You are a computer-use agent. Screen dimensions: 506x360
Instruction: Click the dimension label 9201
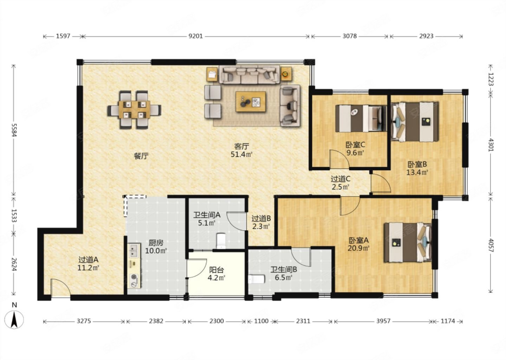196,36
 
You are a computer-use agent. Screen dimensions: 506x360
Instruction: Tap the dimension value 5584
14,130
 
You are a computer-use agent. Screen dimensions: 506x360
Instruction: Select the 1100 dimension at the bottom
261,321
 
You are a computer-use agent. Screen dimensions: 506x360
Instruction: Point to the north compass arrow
14,320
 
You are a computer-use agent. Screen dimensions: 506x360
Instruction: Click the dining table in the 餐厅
134,110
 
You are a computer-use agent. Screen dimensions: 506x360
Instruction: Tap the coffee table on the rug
251,102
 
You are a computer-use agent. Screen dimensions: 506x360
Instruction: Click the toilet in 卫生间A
221,241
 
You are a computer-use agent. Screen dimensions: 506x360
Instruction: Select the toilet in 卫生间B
256,279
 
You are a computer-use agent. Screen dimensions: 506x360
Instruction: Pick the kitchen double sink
134,251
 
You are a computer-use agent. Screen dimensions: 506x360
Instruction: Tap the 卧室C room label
355,144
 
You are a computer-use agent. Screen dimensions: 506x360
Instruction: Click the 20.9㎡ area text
358,248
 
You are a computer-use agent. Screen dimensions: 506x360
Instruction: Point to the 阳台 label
216,270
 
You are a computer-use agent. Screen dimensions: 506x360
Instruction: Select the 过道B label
261,219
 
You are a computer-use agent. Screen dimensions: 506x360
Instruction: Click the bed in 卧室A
408,243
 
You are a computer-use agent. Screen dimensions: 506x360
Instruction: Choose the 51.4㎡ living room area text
241,154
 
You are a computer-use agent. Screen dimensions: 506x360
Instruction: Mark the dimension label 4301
491,144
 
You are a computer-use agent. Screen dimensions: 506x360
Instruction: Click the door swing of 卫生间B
300,257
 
